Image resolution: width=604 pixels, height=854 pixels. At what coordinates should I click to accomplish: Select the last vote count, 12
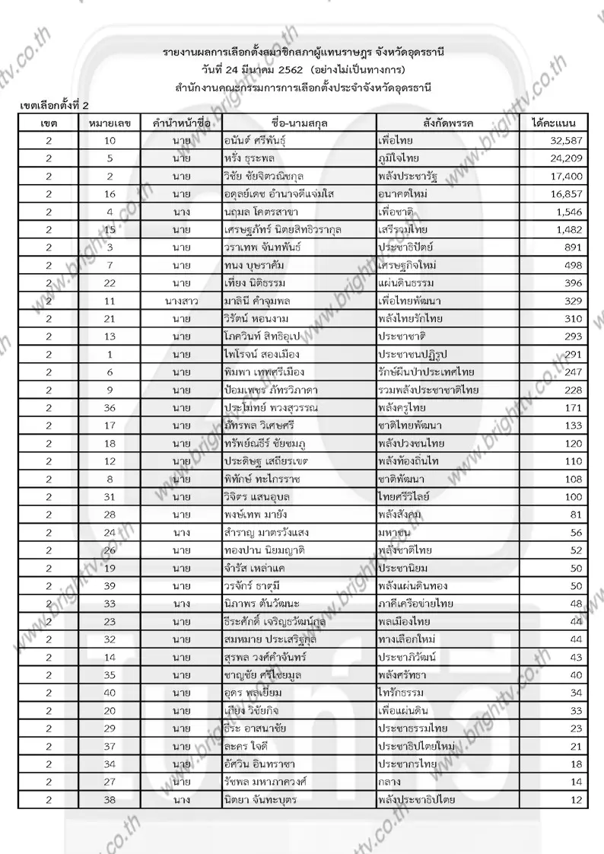tap(576, 799)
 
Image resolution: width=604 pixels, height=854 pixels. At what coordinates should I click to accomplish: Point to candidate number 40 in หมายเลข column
tap(110, 693)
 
